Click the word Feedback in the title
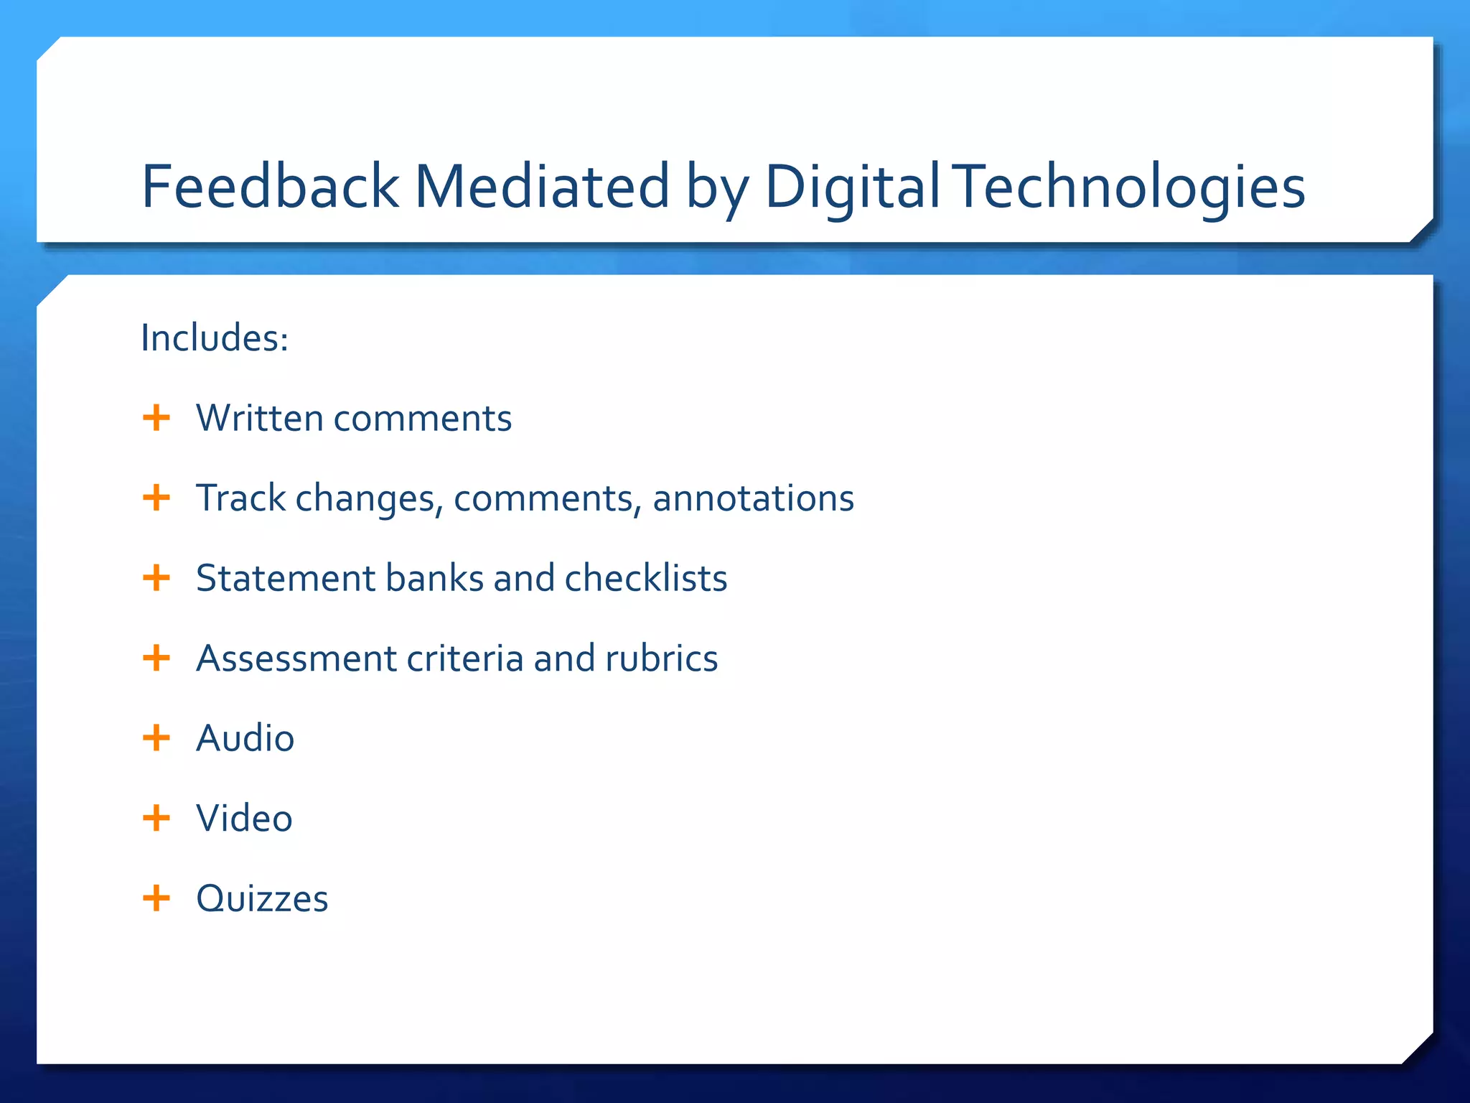(x=269, y=186)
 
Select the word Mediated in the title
(x=542, y=186)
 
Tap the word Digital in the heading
(x=852, y=186)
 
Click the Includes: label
(x=215, y=338)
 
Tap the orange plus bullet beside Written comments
(x=156, y=417)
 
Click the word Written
(x=260, y=418)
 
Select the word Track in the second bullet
(x=241, y=498)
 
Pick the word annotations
(x=753, y=498)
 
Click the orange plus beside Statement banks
(x=156, y=577)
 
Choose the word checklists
(x=646, y=578)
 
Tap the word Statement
(x=286, y=578)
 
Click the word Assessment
(x=296, y=658)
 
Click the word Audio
(x=245, y=738)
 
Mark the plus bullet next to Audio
(x=156, y=737)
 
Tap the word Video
(x=245, y=818)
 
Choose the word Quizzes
(x=262, y=898)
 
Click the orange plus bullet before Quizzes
(x=156, y=898)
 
